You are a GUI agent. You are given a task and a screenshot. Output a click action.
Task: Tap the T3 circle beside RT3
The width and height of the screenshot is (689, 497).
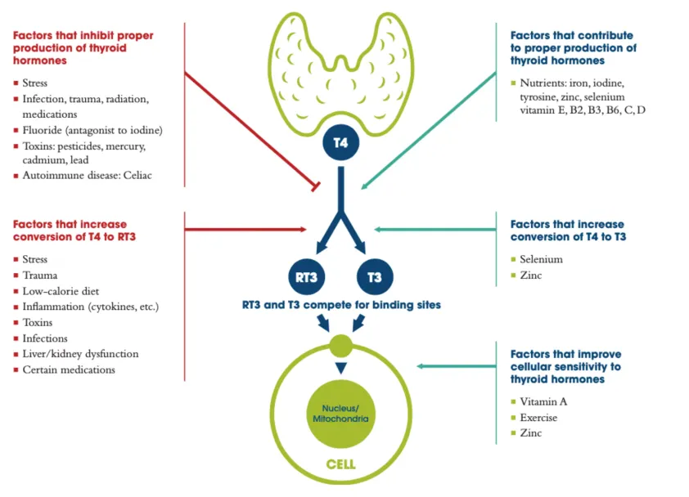pos(374,276)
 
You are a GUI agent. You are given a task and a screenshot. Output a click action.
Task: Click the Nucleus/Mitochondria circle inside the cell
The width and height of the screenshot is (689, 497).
pos(340,412)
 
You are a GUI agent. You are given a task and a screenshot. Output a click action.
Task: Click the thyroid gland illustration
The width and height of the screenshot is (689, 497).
pos(340,74)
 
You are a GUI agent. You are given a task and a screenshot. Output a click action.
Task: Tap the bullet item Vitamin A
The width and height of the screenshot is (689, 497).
pos(544,401)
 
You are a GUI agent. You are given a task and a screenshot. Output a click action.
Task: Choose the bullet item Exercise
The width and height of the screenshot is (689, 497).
pos(538,417)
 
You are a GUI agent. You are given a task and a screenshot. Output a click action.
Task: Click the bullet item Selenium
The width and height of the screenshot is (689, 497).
pos(542,259)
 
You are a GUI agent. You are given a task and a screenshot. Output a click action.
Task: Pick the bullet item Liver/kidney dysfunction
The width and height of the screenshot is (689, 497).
pos(80,354)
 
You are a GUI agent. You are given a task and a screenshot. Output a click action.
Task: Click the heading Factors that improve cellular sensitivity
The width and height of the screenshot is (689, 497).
pos(565,367)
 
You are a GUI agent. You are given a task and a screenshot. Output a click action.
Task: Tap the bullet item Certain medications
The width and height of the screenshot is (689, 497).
pos(69,369)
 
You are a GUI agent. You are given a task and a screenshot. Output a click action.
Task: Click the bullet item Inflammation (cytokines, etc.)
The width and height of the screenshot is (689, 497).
pos(90,307)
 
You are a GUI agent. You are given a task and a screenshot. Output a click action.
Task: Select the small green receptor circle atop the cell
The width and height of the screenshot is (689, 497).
pos(340,344)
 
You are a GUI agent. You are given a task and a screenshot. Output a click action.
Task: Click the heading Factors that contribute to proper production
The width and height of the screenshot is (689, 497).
pos(573,47)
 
